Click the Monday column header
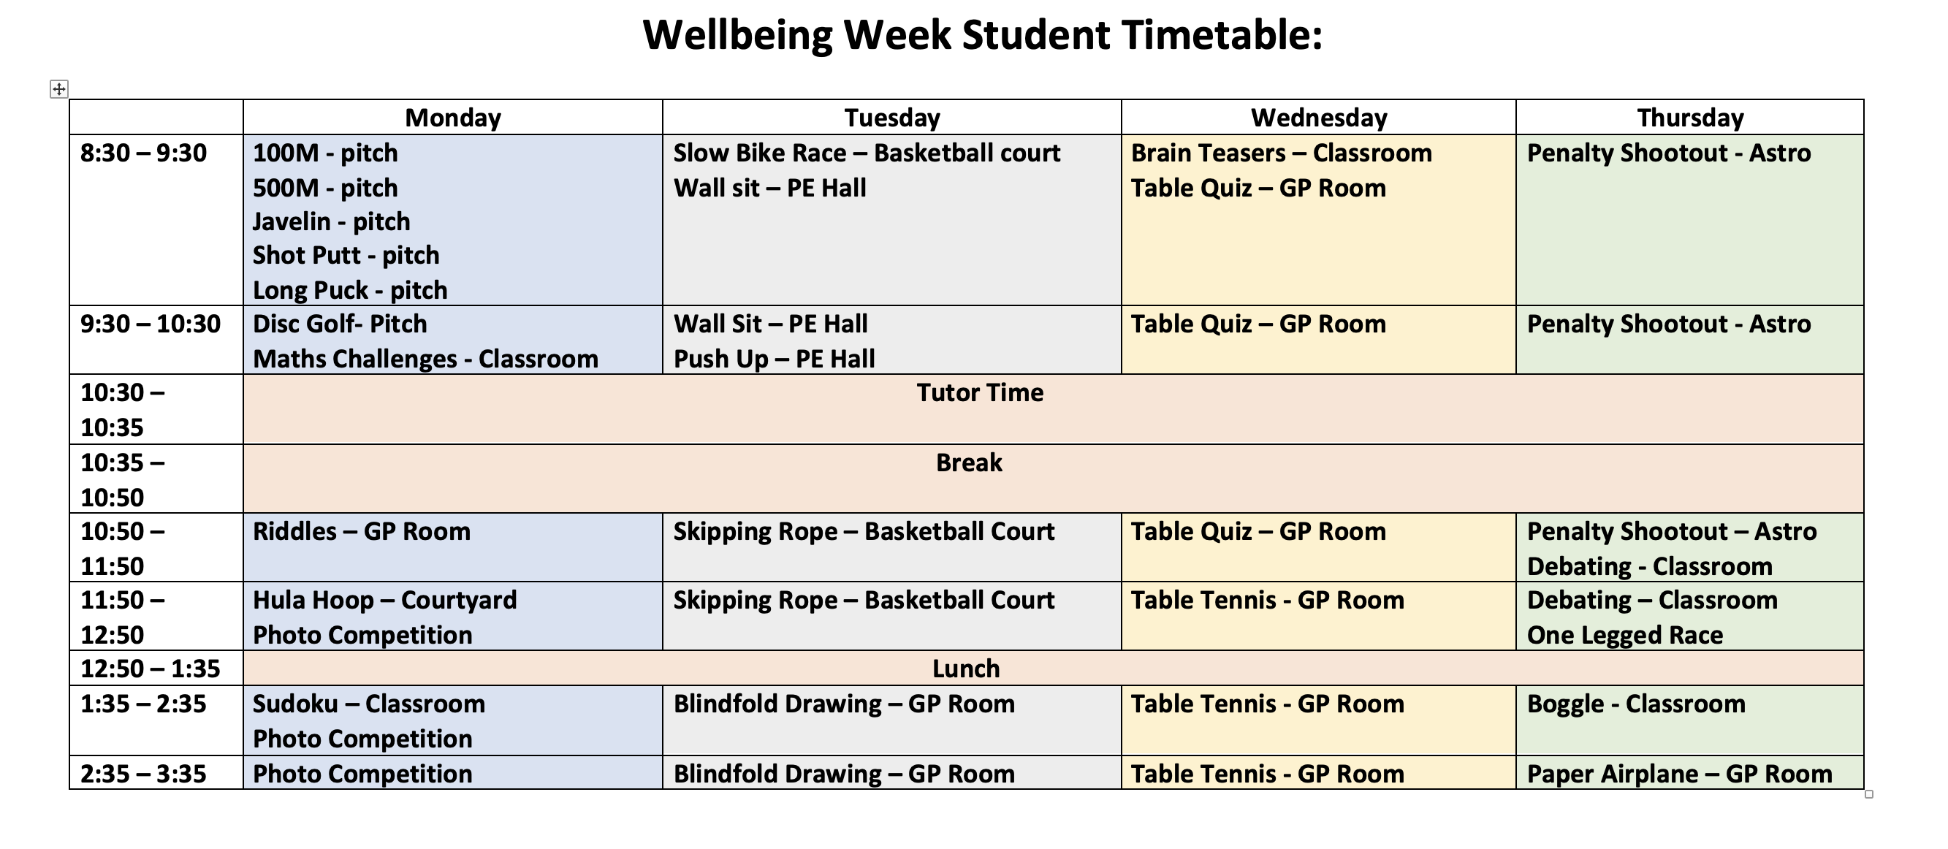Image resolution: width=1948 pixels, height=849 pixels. point(453,118)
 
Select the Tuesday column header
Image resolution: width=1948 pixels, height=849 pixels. point(892,118)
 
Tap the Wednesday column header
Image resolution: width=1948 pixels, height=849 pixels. point(1319,118)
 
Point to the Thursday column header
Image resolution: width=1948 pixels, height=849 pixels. point(1690,118)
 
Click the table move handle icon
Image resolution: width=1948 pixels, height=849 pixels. point(59,89)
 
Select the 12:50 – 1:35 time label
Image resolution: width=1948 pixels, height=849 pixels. point(151,669)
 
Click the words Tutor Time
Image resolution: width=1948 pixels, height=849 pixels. point(980,393)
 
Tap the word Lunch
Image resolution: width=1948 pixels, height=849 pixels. point(966,669)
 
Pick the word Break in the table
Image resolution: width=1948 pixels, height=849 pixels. point(969,462)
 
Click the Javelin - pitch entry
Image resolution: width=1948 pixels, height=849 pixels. point(331,221)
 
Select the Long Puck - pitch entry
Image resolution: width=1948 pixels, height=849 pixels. point(350,290)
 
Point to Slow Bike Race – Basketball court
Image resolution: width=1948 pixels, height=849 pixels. point(867,153)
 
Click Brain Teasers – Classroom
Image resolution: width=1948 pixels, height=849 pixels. point(1281,153)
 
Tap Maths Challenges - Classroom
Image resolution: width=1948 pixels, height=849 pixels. point(425,359)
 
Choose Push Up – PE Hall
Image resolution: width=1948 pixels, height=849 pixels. point(775,359)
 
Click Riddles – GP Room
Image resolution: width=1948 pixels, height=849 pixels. point(362,531)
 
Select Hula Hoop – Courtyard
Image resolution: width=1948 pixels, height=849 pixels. point(385,601)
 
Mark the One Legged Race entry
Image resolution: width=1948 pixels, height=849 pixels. point(1625,635)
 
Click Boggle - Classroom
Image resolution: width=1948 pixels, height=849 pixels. point(1637,704)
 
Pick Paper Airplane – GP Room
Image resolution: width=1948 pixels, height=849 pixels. point(1680,774)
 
